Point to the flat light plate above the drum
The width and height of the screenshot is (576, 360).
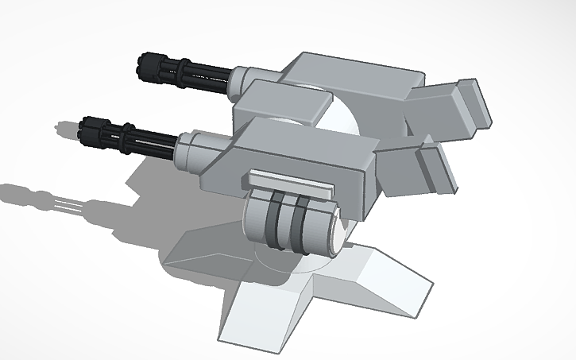[290, 184]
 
